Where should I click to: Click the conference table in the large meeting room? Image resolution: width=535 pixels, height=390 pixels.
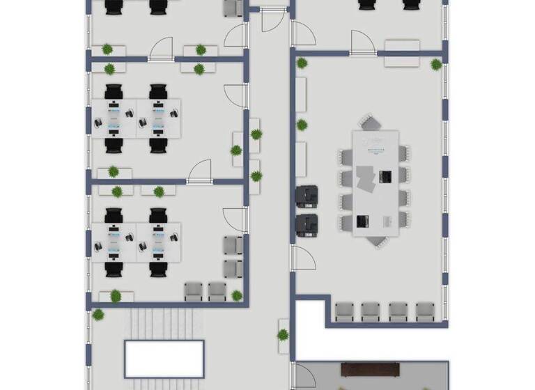(375, 182)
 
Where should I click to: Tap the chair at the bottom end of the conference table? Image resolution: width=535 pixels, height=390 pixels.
(375, 240)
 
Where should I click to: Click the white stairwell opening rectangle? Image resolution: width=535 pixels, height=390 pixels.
(164, 358)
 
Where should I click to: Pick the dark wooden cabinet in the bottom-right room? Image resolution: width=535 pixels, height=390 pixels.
(369, 368)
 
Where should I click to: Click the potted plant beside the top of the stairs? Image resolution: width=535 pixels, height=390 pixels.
(98, 315)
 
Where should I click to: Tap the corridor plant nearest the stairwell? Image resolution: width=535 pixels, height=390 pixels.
(283, 334)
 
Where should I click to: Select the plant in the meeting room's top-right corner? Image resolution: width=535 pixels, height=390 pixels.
(436, 65)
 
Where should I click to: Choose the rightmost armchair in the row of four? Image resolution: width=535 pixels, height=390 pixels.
(425, 311)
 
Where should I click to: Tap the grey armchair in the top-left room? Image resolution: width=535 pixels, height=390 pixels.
(233, 8)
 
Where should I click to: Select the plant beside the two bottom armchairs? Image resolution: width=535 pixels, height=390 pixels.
(237, 295)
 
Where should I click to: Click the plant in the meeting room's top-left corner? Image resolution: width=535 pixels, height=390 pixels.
(302, 63)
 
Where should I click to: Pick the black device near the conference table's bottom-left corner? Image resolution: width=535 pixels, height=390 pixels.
(362, 221)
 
